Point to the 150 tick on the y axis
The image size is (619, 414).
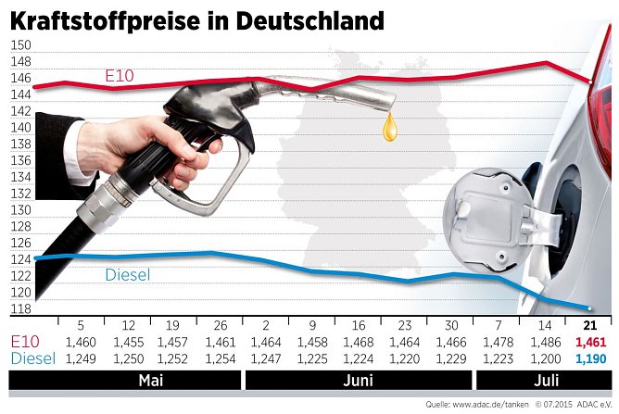19,44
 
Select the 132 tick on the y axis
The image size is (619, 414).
19,194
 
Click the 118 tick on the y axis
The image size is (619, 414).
19,308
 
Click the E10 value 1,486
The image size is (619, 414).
548,342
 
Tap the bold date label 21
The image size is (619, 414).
589,325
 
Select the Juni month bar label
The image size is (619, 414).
359,381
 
